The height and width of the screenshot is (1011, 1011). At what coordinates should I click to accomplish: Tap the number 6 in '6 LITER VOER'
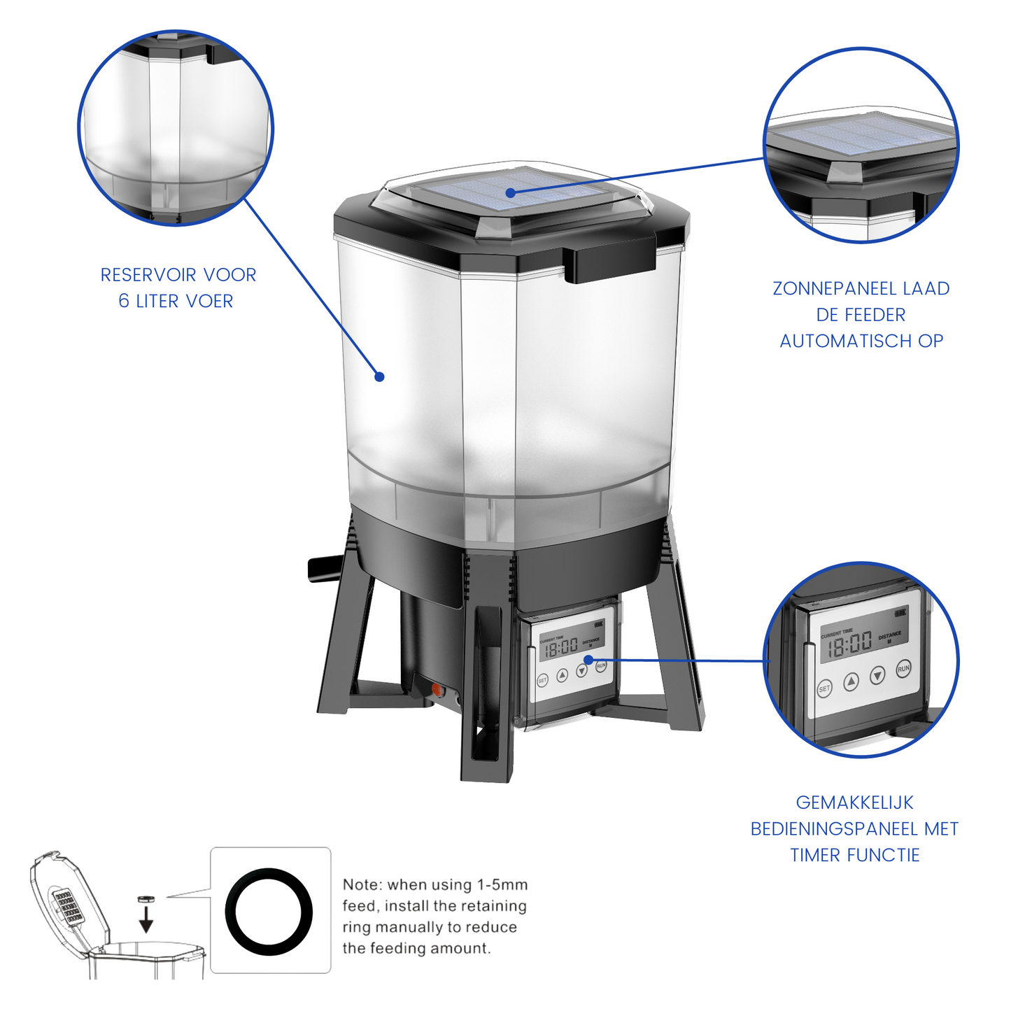pos(124,302)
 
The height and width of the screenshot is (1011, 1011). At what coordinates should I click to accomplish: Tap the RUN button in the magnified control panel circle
pos(903,669)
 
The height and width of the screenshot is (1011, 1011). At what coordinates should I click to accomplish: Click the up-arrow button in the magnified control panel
pos(851,681)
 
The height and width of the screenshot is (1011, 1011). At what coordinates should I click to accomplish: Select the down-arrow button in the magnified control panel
pos(877,676)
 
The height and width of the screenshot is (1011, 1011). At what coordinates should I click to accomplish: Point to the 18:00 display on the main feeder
pos(561,647)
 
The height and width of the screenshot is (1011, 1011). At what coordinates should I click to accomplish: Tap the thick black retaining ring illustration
pos(269,911)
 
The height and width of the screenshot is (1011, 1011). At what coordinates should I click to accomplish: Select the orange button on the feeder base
pos(437,690)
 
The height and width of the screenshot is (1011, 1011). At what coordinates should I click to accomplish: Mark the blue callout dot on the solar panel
pos(511,192)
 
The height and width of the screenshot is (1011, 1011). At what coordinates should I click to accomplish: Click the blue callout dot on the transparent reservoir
pos(379,376)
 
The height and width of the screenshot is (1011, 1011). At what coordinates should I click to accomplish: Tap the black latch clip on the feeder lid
pos(610,262)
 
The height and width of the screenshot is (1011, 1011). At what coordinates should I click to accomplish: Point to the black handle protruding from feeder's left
pos(324,568)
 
